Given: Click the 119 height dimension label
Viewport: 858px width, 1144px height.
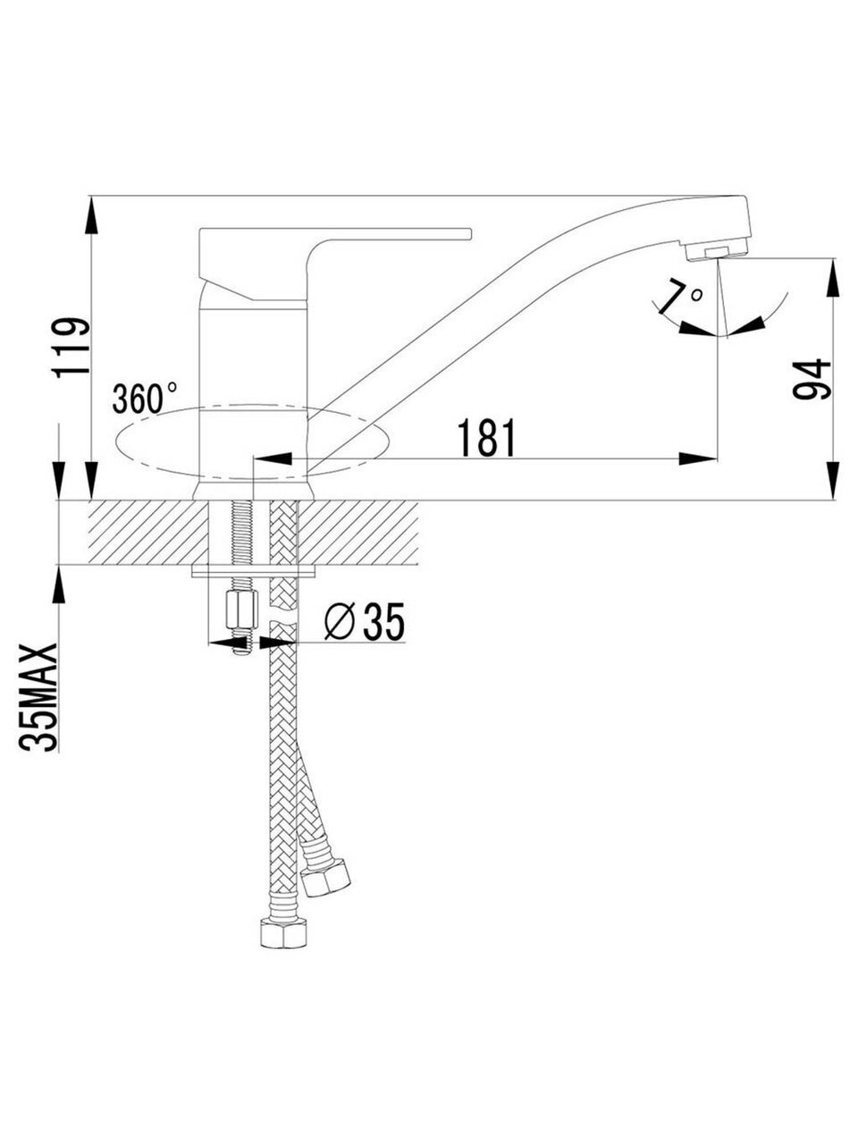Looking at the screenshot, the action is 71,349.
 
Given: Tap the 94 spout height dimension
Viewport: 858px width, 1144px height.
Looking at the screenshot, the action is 812,379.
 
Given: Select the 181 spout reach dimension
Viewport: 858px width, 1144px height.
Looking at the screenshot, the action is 486,437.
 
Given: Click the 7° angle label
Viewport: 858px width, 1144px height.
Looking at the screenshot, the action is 684,298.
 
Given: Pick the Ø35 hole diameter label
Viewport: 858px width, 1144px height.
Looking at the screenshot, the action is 364,622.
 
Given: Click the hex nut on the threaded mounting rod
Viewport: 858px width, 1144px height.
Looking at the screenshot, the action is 241,610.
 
